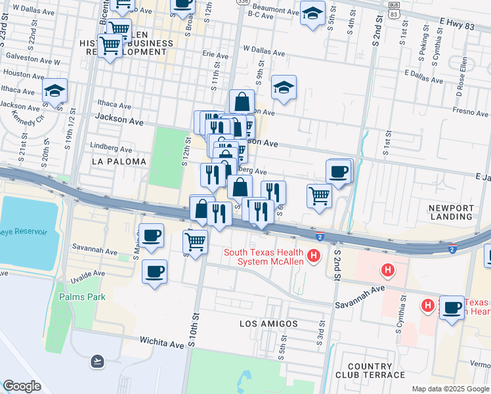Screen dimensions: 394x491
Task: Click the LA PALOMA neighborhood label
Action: coord(119,161)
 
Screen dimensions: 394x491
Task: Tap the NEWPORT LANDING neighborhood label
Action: coord(451,211)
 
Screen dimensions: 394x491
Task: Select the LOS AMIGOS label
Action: coord(268,324)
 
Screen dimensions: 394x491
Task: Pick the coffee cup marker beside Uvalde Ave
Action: coord(154,271)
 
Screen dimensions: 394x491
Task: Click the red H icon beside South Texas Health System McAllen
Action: coord(314,255)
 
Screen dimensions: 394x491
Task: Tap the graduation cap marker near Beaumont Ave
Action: coord(313,12)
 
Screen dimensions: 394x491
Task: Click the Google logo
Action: coord(22,386)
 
